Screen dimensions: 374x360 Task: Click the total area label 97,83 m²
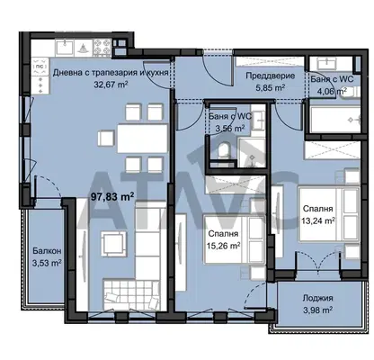[112, 197]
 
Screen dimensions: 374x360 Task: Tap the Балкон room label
[47, 250]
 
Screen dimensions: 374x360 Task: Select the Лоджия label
[317, 298]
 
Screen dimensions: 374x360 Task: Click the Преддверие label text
[271, 76]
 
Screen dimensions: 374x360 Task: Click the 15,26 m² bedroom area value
[223, 246]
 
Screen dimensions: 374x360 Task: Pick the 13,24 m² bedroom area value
[318, 220]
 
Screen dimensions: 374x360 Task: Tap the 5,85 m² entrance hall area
[270, 88]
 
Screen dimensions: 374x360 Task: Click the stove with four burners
[102, 48]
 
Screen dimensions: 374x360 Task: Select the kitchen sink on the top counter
[65, 48]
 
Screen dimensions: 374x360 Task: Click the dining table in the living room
[142, 139]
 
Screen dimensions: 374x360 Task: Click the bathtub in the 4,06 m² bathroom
[335, 119]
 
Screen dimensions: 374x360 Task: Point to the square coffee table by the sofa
[111, 243]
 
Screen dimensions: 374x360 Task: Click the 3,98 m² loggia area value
[317, 310]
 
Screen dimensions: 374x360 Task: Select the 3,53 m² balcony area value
[47, 263]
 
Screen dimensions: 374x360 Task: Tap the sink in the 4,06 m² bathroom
[331, 63]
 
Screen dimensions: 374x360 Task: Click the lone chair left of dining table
[106, 139]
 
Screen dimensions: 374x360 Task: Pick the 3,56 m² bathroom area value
[230, 129]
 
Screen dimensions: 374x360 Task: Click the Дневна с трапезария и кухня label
[111, 73]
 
